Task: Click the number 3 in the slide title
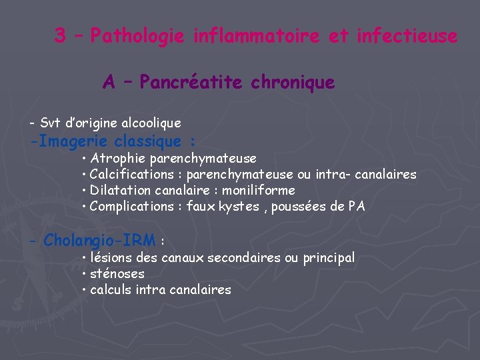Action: tap(60, 36)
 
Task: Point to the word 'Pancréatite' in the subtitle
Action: tap(193, 83)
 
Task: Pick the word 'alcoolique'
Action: tap(151, 123)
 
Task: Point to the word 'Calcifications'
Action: tap(131, 175)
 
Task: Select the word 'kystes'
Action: tap(241, 207)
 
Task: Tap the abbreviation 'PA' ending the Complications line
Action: tap(357, 207)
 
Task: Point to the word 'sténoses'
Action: tap(117, 274)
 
